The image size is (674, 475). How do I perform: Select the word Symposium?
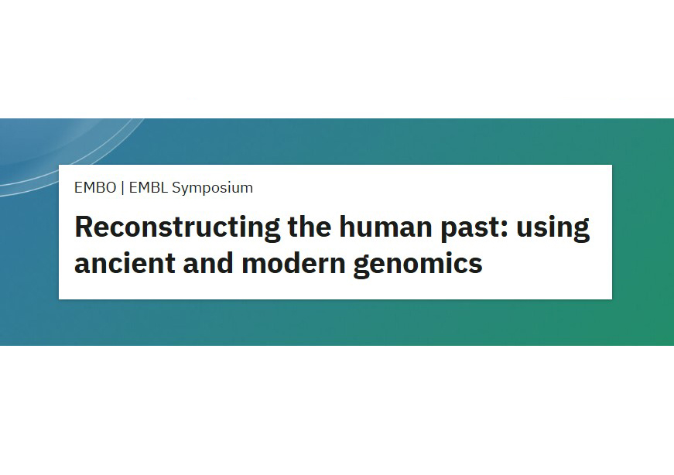pyautogui.click(x=212, y=188)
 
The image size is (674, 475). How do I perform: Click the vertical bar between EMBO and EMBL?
pyautogui.click(x=122, y=187)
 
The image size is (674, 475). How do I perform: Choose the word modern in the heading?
pyautogui.click(x=293, y=264)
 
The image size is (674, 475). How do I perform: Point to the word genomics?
pyautogui.click(x=418, y=265)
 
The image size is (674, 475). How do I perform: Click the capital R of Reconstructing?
pyautogui.click(x=84, y=227)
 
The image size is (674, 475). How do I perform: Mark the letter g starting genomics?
pyautogui.click(x=363, y=267)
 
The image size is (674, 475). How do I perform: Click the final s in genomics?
pyautogui.click(x=476, y=265)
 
